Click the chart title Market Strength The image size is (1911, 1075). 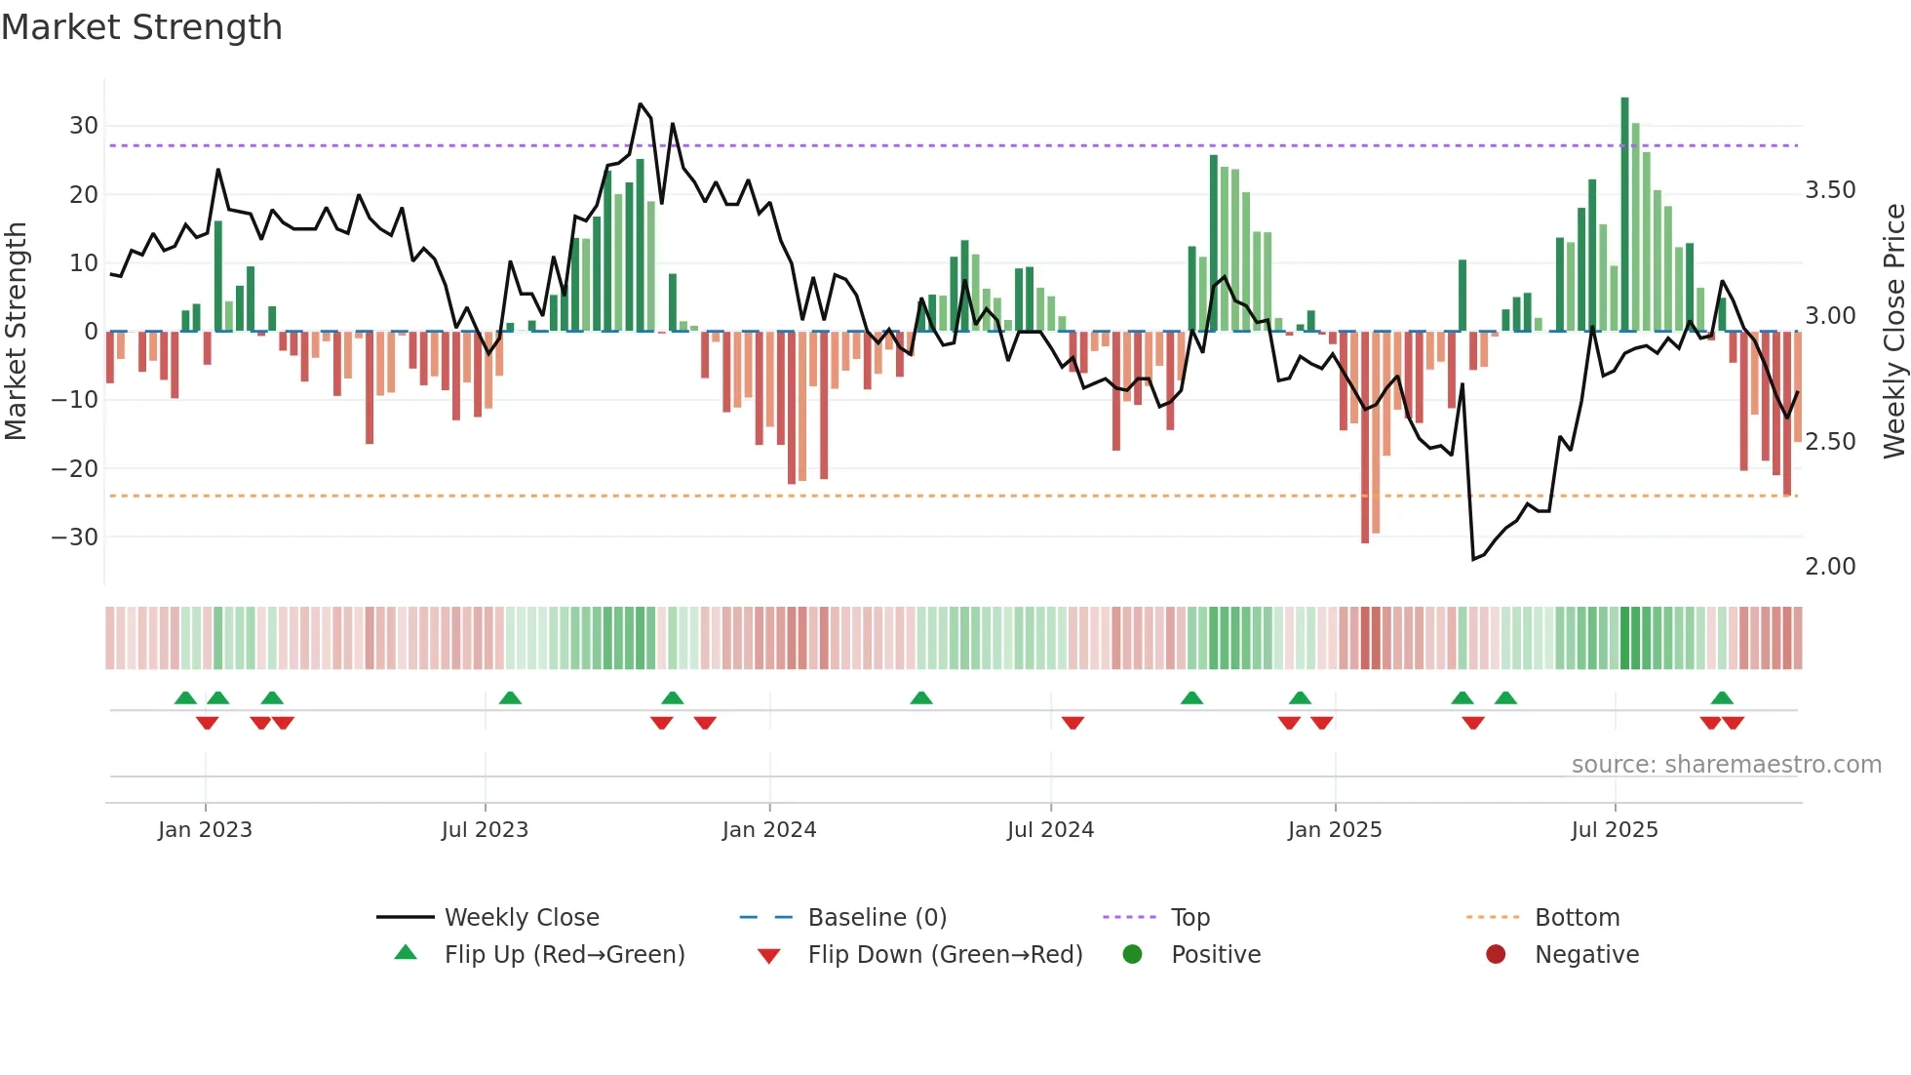[141, 27]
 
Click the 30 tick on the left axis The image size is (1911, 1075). [84, 126]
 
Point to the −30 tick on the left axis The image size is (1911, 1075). [75, 537]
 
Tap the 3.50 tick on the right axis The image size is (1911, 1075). [1830, 190]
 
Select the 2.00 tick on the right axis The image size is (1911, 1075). [1830, 567]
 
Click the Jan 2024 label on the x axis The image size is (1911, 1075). [768, 830]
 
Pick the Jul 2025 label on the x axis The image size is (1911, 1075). [1614, 830]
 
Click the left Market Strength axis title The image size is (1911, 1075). [17, 332]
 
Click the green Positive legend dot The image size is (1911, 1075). [1132, 954]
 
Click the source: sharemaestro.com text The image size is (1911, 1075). [1726, 765]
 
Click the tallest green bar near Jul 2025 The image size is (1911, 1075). [1624, 215]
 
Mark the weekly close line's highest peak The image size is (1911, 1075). [640, 104]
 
